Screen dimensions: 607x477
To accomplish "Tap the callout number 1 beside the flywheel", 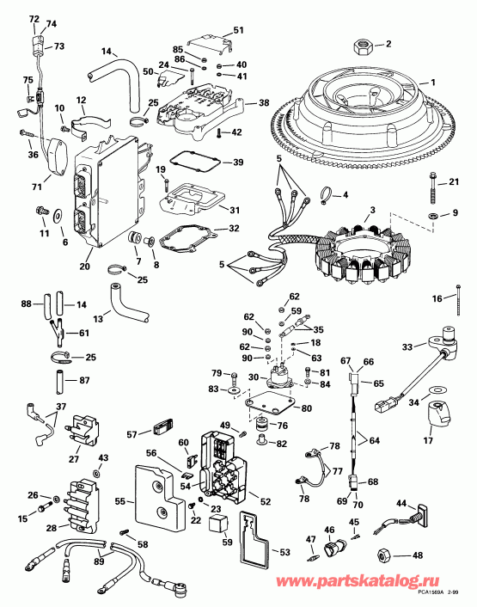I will pos(433,83).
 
